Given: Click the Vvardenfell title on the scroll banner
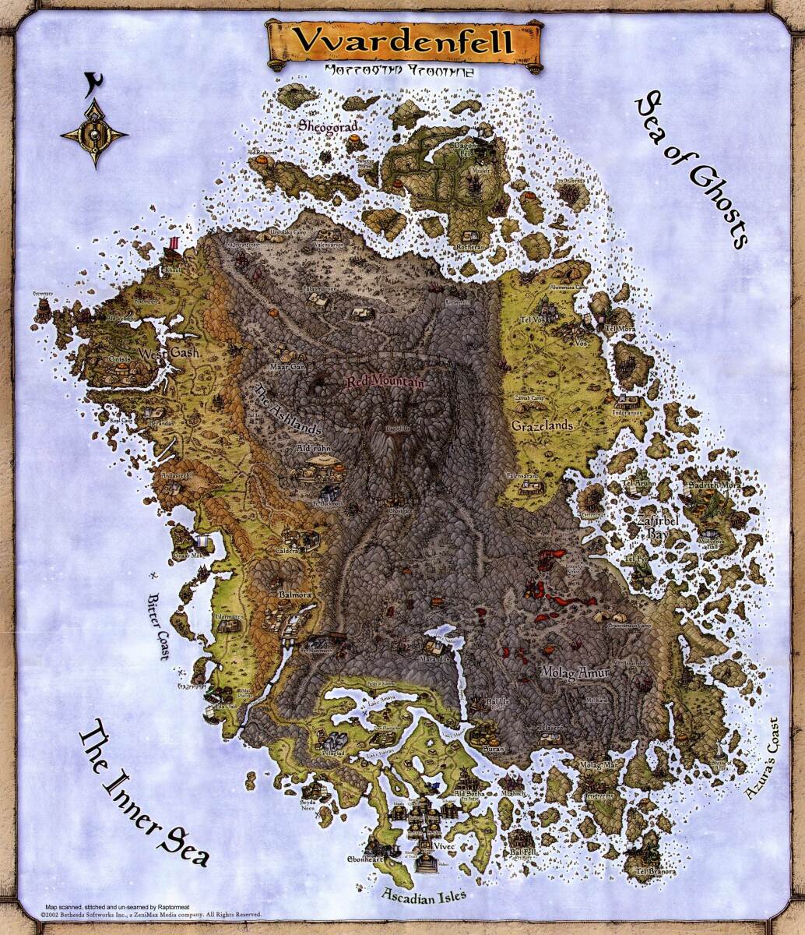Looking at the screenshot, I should pos(403,41).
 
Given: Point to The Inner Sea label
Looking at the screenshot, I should pos(144,795).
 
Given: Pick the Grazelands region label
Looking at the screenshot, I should pos(542,426).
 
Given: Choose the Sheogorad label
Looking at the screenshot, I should pos(324,126).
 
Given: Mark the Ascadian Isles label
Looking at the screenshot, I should pos(424,895).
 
